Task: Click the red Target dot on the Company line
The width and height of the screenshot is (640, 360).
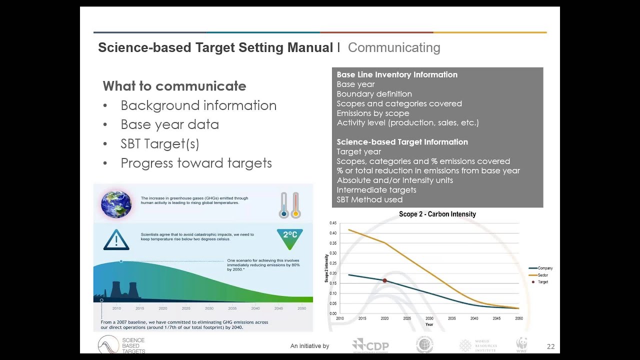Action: (x=384, y=281)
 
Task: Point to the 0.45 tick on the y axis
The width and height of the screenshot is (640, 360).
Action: (x=333, y=223)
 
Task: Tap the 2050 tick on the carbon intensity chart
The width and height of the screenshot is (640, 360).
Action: (x=519, y=318)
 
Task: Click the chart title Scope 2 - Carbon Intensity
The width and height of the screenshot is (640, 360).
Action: (x=437, y=214)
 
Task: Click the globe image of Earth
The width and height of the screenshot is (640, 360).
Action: (x=116, y=204)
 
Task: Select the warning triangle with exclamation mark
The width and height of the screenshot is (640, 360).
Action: (x=116, y=239)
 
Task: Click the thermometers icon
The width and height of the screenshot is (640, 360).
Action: (x=289, y=205)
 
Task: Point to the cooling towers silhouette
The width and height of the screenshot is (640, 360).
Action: (x=123, y=289)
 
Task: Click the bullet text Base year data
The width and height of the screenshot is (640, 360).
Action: (x=169, y=124)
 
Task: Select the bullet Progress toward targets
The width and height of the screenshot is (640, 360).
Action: (x=196, y=163)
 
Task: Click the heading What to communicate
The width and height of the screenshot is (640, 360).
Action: (x=174, y=86)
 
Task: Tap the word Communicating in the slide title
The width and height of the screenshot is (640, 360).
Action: (x=394, y=48)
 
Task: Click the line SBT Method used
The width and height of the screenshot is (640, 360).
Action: (x=369, y=199)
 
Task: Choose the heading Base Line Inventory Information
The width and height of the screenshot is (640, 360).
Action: (x=397, y=74)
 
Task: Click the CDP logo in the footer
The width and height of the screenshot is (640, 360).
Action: (x=370, y=345)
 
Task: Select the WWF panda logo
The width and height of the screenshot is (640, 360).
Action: (x=521, y=344)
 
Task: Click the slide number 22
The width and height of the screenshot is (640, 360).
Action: (x=550, y=346)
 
